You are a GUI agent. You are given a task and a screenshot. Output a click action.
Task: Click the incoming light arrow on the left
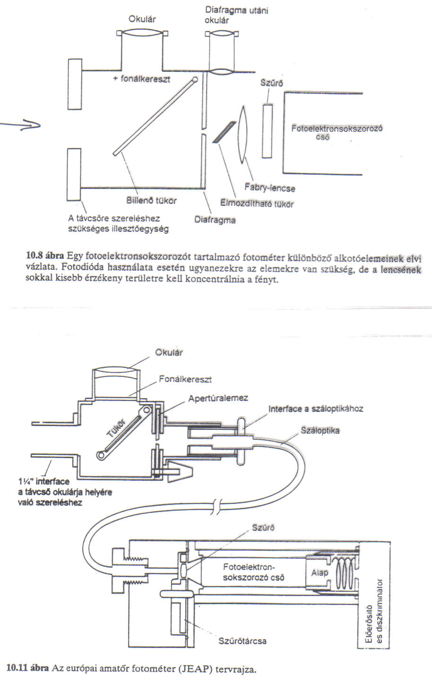(20, 125)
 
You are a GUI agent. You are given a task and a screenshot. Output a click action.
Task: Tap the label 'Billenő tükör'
(151, 201)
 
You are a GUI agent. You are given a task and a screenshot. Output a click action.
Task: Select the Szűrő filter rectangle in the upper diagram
(267, 131)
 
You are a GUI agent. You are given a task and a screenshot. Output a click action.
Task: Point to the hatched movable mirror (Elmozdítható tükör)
(224, 132)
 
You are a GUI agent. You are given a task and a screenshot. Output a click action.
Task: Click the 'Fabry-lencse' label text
(270, 188)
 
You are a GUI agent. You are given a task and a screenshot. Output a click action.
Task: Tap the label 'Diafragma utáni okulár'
(236, 15)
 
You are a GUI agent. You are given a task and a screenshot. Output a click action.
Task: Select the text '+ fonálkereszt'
(141, 79)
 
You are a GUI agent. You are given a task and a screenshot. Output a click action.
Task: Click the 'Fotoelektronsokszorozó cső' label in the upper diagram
(337, 132)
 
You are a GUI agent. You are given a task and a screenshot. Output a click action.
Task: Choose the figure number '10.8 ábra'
(45, 256)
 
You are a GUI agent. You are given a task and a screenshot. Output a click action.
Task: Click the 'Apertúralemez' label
(218, 398)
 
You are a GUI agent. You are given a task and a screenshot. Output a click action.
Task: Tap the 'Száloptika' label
(320, 431)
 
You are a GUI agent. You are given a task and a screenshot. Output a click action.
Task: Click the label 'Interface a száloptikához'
(316, 409)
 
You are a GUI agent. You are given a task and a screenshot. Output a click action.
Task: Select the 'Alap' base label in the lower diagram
(320, 573)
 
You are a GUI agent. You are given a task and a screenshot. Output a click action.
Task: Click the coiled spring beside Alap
(346, 574)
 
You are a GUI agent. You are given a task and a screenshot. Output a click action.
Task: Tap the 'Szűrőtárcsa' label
(242, 641)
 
